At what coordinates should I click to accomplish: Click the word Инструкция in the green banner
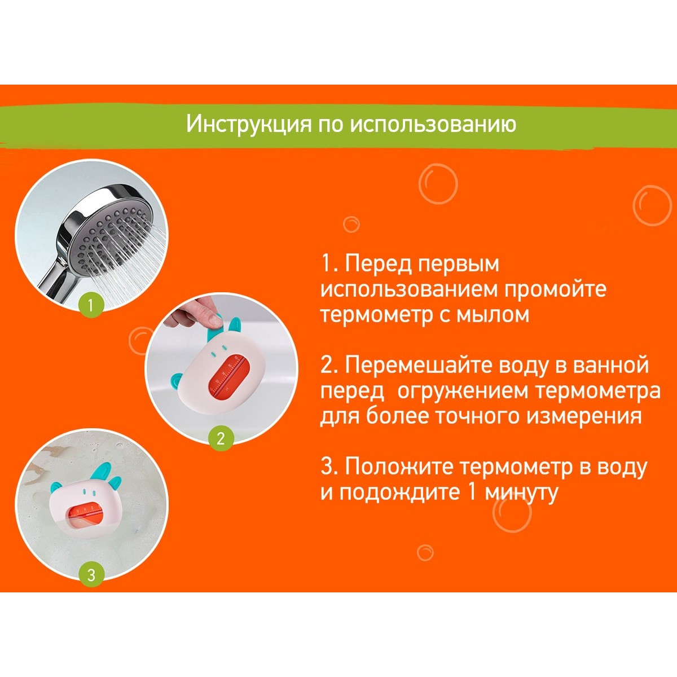pos(249,124)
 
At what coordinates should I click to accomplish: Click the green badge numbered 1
pos(91,305)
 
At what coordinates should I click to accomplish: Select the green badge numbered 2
pos(221,438)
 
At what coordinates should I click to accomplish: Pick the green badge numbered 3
pos(91,575)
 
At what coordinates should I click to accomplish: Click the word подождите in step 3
pos(399,493)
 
